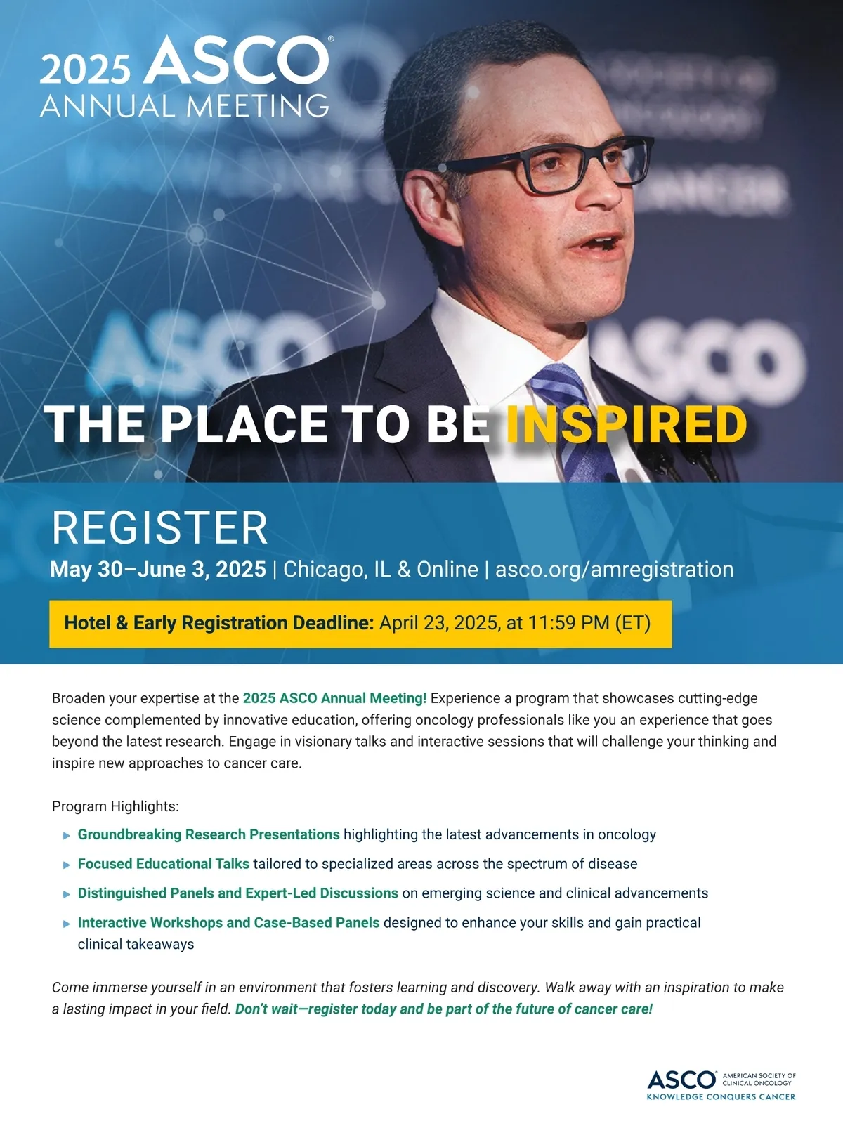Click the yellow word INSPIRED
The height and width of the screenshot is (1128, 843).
627,424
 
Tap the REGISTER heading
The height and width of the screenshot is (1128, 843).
160,527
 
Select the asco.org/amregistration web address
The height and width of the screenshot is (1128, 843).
614,570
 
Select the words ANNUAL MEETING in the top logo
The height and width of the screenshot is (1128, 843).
185,106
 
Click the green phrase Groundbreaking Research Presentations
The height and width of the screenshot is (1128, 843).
209,834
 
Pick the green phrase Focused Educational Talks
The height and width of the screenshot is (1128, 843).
164,864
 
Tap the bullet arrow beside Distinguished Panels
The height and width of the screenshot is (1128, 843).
66,894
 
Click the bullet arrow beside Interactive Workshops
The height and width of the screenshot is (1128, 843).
66,924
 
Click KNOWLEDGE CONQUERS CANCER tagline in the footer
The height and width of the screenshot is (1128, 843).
721,1096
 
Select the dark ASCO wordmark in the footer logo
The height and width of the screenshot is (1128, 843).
681,1079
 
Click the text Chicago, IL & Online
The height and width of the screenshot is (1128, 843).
381,570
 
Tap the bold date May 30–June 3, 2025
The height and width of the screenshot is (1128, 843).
158,570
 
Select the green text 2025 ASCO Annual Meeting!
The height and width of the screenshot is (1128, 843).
334,698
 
